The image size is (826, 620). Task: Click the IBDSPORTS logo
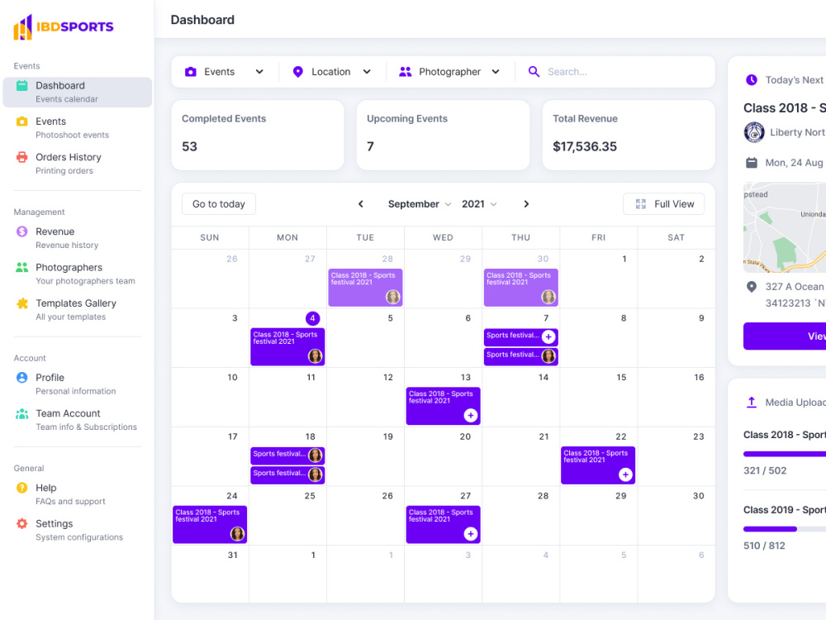coord(64,26)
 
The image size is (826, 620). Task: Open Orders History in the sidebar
coord(69,157)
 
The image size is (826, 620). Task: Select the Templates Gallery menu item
coord(76,303)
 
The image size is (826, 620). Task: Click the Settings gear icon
coord(22,524)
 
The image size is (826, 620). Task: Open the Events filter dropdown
coord(225,72)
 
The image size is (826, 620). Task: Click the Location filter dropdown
coord(332,72)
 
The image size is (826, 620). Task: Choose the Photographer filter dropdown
coord(450,72)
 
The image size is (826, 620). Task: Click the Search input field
coord(619,72)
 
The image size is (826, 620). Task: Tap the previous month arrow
coord(361,204)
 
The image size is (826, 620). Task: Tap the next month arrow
coord(526,204)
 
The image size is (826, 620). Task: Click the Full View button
coord(664,204)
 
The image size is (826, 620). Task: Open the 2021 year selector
coord(479,204)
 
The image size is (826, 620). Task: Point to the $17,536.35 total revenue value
coord(585,146)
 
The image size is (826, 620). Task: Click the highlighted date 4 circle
coord(312,318)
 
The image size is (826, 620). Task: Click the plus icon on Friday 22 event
coord(625,475)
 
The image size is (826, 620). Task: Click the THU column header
coord(520,237)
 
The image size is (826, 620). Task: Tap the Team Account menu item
coord(68,413)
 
